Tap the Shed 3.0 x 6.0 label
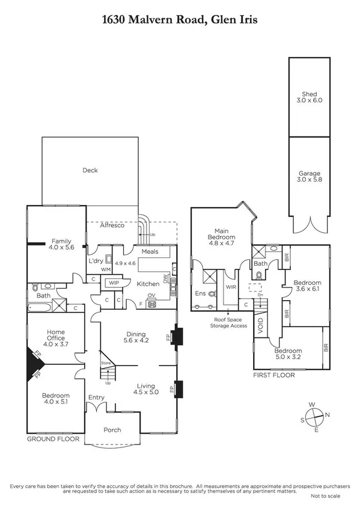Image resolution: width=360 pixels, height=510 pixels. pos(312,97)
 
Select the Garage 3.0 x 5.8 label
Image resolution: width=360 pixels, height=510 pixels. pos(312,176)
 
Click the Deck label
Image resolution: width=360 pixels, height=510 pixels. pos(90,170)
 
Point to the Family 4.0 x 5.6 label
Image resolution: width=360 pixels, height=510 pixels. pos(61,243)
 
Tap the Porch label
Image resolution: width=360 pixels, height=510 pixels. pos(112,429)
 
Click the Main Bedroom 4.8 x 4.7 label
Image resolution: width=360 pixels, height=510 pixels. pos(219,233)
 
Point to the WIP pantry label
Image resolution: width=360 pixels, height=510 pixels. pos(114,282)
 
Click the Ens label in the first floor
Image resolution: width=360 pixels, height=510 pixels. pos(201,293)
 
